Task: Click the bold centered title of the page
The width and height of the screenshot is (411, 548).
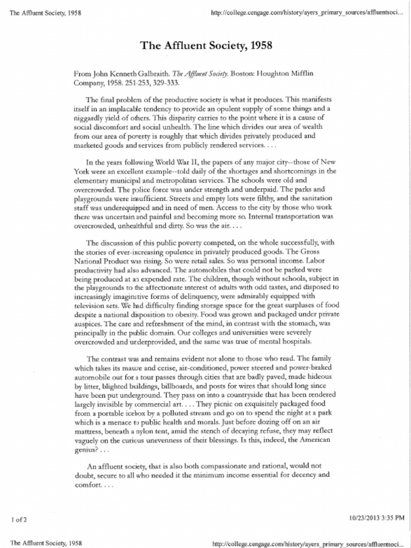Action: (x=206, y=45)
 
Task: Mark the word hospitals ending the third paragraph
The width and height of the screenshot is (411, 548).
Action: (x=295, y=341)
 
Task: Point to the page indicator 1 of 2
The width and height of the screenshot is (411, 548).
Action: (x=19, y=520)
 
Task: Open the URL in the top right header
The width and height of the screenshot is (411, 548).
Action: (x=307, y=12)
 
